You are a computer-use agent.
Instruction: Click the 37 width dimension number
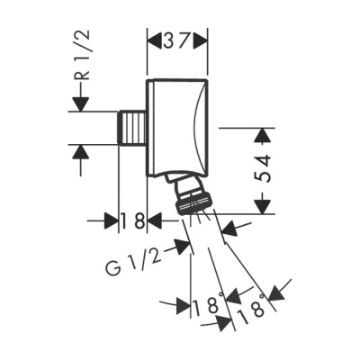[177, 40]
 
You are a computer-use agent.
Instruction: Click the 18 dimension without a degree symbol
[133, 220]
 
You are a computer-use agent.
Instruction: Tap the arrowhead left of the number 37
[153, 40]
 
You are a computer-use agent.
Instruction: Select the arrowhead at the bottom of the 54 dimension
[261, 206]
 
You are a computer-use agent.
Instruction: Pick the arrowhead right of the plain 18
[156, 220]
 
